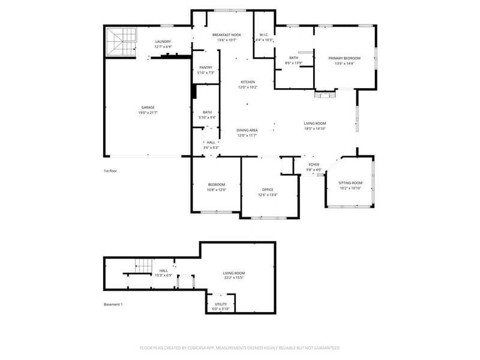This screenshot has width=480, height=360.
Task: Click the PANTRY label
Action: click(205, 68)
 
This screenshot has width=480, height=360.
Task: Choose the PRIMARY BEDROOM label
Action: click(344, 58)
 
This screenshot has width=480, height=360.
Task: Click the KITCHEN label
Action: click(248, 82)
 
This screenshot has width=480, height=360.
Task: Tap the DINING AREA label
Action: click(247, 130)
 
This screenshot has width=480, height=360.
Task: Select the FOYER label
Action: click(314, 164)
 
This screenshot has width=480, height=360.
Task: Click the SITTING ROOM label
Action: click(350, 183)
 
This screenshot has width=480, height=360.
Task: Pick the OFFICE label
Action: click(268, 190)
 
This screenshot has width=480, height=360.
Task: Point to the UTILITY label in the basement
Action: click(221, 304)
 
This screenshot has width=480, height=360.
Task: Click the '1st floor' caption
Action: click(110, 171)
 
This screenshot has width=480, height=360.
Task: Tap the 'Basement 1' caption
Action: click(113, 305)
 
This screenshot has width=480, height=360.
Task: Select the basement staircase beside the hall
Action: click(144, 265)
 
